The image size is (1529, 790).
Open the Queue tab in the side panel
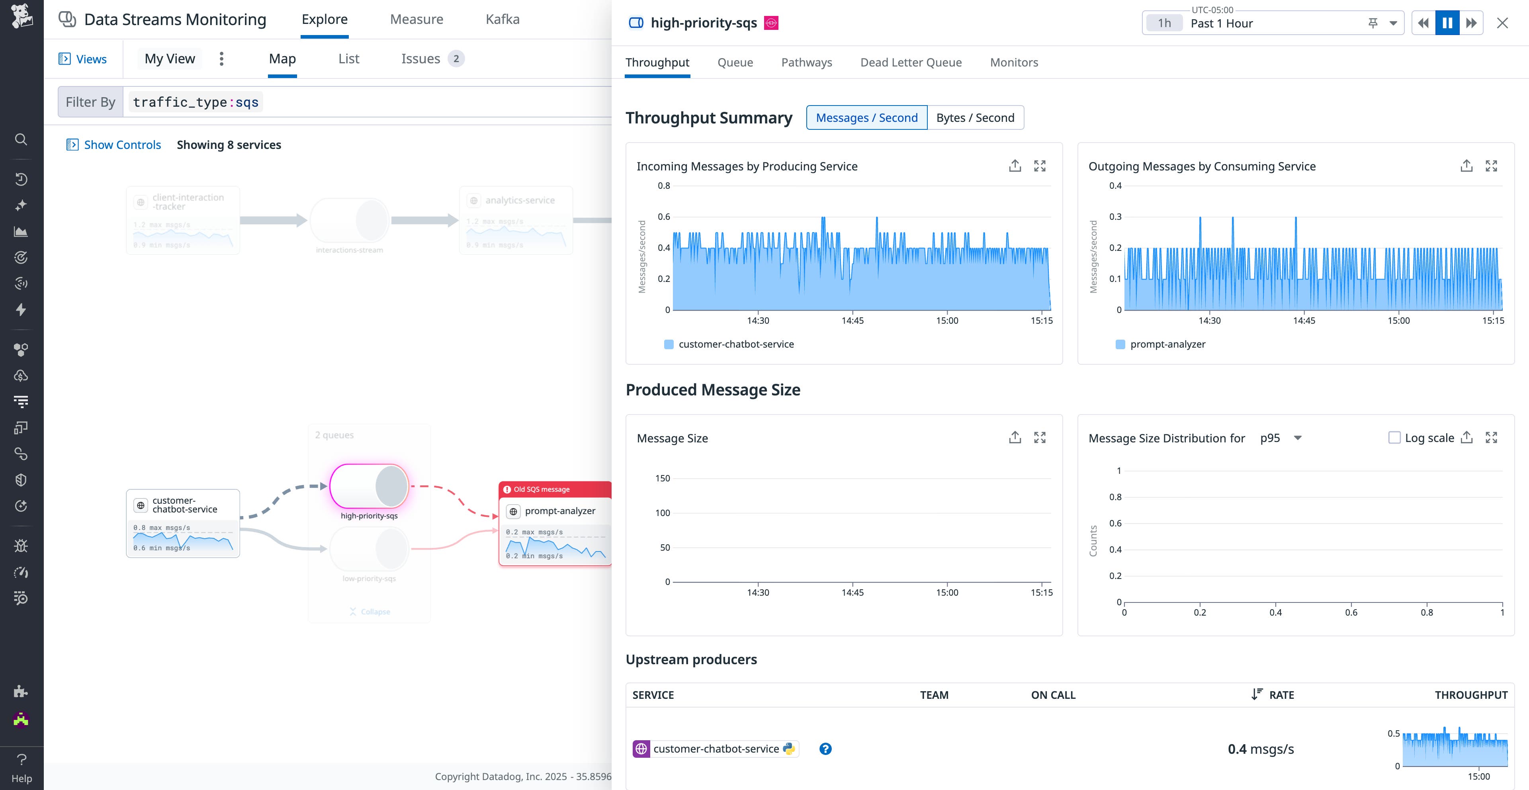735,63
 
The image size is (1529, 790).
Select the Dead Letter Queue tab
911,63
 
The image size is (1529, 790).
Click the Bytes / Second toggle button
975,117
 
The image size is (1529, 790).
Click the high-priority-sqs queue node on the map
369,485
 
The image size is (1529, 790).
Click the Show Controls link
122,145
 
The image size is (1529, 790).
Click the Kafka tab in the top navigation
502,19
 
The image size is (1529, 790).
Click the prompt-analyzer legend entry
1167,344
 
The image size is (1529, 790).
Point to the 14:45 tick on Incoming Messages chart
852,321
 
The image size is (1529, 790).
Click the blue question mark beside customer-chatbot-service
825,749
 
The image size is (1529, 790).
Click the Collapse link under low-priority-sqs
375,611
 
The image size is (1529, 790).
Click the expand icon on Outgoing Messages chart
1491,166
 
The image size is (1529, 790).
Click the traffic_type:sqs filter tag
196,102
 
